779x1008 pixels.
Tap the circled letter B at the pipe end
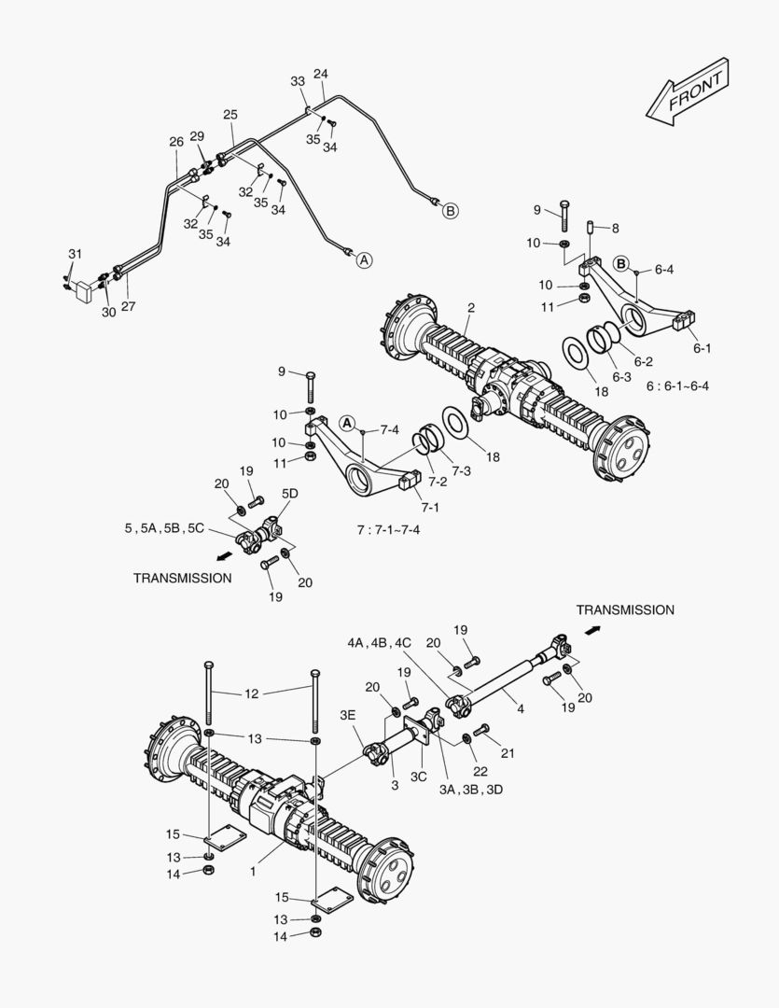(x=450, y=211)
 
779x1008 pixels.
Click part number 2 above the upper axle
(x=471, y=307)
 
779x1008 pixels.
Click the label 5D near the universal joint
(x=290, y=492)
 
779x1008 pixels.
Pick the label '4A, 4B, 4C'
(x=379, y=642)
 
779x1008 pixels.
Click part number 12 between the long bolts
(x=252, y=693)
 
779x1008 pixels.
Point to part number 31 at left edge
(x=75, y=254)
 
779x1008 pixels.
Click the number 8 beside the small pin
(x=616, y=227)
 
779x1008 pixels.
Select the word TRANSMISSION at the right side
(x=625, y=609)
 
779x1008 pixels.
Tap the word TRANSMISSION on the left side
(x=182, y=578)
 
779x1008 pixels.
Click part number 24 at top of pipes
(x=321, y=74)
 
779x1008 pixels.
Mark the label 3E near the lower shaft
(x=348, y=716)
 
